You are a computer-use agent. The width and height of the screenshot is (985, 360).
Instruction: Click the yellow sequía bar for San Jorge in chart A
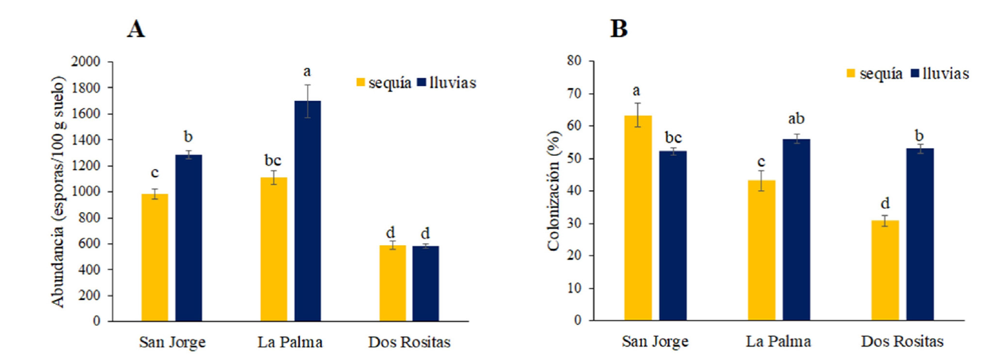point(155,258)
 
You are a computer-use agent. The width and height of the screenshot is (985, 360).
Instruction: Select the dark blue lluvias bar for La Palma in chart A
point(307,211)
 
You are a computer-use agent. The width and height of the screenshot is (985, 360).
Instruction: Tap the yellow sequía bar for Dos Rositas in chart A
point(392,283)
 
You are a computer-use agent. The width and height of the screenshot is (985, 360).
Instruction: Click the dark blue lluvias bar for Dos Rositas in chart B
point(920,234)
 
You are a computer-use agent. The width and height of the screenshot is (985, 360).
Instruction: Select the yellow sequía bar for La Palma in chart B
point(762,250)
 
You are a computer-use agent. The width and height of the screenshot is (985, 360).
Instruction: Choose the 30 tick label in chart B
point(579,223)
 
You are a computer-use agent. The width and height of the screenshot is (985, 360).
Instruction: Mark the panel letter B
point(619,29)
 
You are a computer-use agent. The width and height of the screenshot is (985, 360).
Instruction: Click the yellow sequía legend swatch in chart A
point(361,83)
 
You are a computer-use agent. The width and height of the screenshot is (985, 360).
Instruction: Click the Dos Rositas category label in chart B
point(902,342)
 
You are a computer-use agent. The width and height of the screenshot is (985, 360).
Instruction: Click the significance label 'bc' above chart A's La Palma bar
point(273,161)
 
